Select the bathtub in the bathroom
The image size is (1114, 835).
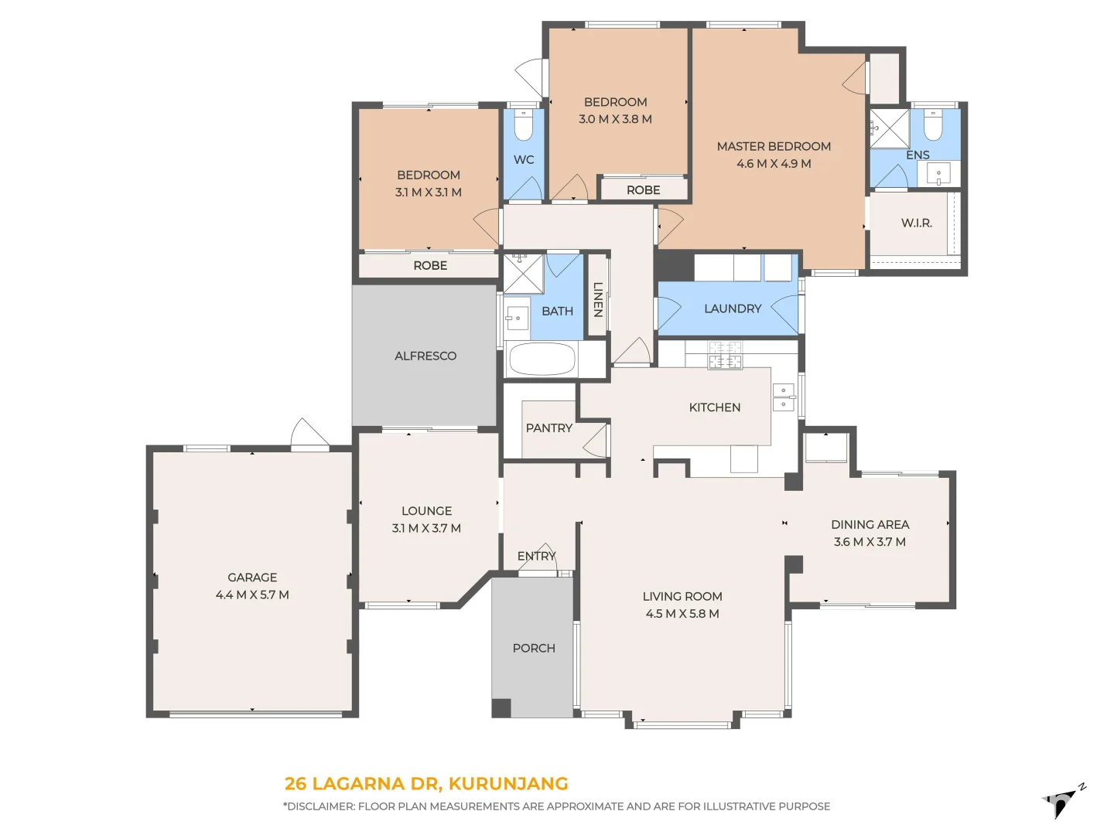542,359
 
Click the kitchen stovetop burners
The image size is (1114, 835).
725,354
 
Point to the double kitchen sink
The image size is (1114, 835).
783,397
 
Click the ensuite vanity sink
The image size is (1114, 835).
938,174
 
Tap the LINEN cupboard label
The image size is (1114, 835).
598,300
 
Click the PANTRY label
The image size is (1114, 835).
548,428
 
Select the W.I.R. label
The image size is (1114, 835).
916,223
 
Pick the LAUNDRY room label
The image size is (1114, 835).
733,308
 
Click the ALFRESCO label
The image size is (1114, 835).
425,356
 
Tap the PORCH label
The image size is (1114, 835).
534,649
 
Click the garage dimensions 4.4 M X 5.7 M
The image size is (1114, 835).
252,595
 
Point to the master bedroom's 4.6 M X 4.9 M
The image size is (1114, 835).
774,164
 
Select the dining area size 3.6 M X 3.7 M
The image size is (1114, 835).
870,542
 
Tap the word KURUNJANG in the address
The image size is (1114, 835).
508,784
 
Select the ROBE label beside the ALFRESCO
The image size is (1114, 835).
430,266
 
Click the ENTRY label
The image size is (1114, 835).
536,556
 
